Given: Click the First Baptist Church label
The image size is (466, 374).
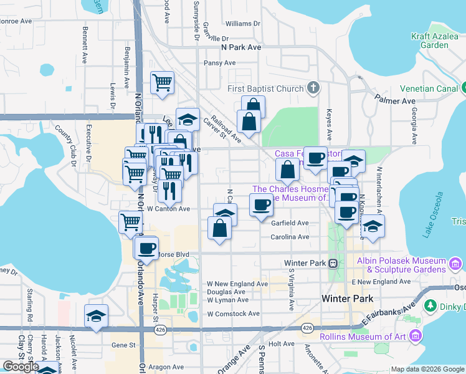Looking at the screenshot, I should pos(273,89).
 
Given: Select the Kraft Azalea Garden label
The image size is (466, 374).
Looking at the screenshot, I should pos(439,41).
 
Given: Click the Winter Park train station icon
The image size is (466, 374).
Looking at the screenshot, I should pos(333,263).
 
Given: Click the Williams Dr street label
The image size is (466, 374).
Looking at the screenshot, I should pos(242,24).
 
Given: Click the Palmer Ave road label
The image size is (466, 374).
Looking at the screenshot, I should pos(395,100).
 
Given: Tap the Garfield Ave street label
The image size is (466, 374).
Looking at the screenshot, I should pos(290,223).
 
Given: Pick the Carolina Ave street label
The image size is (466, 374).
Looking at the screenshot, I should pos(290,237).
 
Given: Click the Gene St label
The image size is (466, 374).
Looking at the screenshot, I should pos(123,345).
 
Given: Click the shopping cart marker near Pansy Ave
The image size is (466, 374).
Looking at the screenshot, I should pos(162,82).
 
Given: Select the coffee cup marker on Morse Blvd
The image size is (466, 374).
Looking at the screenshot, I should pos(146,249).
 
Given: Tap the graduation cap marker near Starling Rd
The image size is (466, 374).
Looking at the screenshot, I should pos(96,316).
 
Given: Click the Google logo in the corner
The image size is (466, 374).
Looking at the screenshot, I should pos(21,367).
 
